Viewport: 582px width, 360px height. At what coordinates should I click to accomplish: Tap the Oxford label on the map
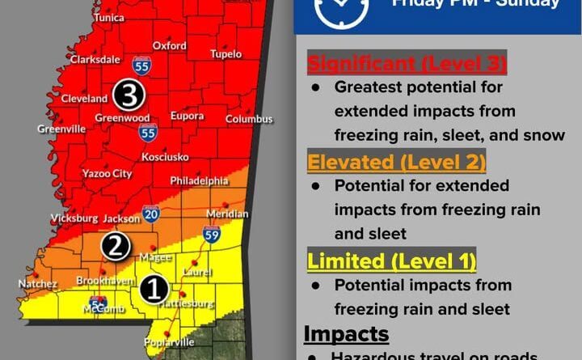[x=169, y=46]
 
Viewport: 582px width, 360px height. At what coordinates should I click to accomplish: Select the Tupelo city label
[x=226, y=54]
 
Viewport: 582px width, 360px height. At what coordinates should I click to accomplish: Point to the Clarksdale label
[x=95, y=59]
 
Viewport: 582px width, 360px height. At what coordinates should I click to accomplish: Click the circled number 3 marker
[x=129, y=95]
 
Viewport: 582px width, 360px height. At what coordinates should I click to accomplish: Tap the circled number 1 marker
[x=154, y=289]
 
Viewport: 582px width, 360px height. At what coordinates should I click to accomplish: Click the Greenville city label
[x=61, y=128]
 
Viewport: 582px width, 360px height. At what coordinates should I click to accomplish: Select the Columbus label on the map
[x=249, y=119]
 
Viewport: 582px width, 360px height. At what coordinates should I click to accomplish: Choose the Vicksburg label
[x=74, y=218]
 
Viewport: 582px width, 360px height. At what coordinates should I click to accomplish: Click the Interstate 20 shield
[x=150, y=214]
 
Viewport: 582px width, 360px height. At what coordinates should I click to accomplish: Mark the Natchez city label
[x=38, y=284]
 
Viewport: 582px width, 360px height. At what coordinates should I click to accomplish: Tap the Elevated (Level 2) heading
[x=397, y=163]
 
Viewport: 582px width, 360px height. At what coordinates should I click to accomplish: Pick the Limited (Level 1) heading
[x=391, y=261]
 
